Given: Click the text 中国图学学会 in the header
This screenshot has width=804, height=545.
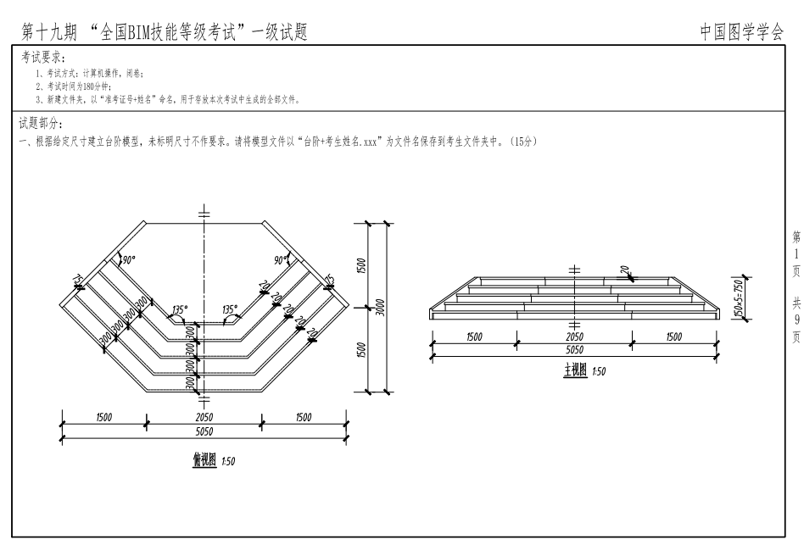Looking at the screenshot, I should (742, 32).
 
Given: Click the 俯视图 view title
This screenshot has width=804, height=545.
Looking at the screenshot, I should (204, 460).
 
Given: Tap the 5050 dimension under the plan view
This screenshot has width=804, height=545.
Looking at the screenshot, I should (204, 431).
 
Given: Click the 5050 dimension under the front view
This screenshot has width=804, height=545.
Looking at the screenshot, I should (574, 348).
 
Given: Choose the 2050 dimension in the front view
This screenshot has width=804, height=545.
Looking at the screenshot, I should (574, 336).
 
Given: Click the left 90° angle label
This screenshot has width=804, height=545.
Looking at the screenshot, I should (127, 259).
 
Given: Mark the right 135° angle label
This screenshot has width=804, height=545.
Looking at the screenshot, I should (230, 309).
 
